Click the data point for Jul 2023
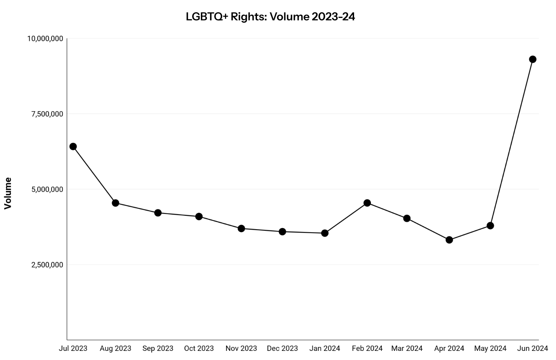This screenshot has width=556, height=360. tap(73, 146)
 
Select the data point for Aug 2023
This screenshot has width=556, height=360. tap(115, 203)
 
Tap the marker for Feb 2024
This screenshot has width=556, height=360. tap(367, 203)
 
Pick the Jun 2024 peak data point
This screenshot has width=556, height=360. tap(533, 59)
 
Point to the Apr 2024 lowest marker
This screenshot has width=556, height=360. tap(449, 240)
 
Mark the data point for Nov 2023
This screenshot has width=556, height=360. tap(241, 228)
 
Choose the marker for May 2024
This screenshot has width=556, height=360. tap(490, 226)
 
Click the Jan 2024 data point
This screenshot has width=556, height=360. tap(325, 233)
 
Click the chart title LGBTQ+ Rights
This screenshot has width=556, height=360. tap(270, 16)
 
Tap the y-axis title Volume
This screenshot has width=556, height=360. tap(8, 193)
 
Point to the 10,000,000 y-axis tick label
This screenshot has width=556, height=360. tap(45, 38)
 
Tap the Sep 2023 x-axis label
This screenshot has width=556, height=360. tap(158, 348)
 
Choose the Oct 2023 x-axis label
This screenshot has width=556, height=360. tap(199, 348)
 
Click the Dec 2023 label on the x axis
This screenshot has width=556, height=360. tap(282, 348)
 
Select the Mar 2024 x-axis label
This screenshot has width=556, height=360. tap(407, 348)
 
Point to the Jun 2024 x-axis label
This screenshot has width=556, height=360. tap(533, 348)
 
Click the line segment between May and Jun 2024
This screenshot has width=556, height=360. tap(511, 142)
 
